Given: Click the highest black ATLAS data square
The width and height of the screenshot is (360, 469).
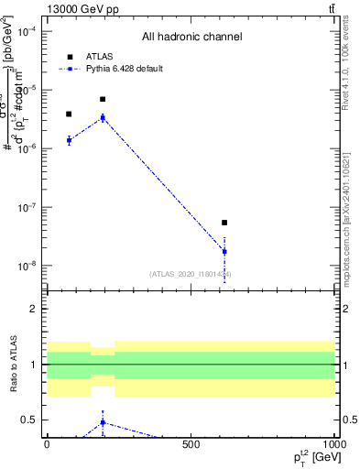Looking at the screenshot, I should (x=103, y=99).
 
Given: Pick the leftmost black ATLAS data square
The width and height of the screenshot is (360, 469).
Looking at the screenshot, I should (x=69, y=115).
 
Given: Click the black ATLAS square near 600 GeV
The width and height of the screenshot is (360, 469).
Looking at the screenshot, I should (x=224, y=223).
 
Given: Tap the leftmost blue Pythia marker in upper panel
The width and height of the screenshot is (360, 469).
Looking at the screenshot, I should (x=69, y=140).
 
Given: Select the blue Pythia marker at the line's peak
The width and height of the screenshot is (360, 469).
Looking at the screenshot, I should (x=103, y=117).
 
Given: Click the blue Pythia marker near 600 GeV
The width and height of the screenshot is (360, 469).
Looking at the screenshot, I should (x=224, y=251).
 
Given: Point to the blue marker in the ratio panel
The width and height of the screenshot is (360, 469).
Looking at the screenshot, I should (x=103, y=422).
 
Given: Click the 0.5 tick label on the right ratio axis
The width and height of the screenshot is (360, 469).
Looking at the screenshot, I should (x=349, y=420).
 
